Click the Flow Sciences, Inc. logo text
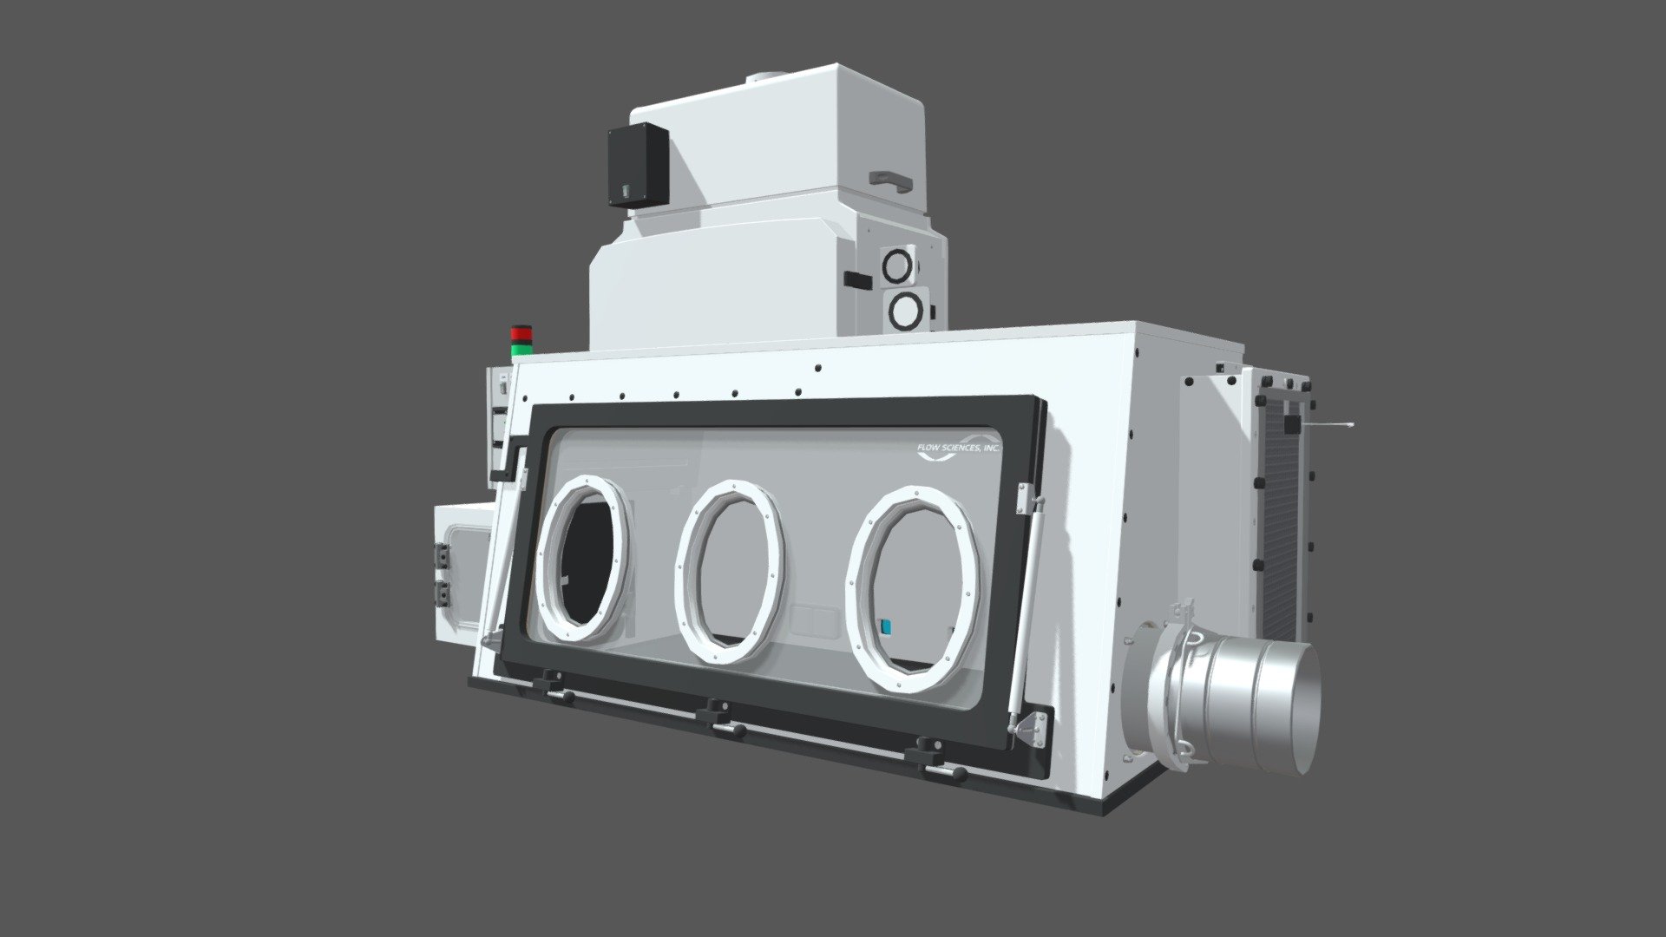[958, 448]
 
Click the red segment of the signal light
[521, 334]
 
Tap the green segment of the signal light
[521, 349]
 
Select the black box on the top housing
[638, 165]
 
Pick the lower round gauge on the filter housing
[906, 311]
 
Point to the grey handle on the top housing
[890, 180]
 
